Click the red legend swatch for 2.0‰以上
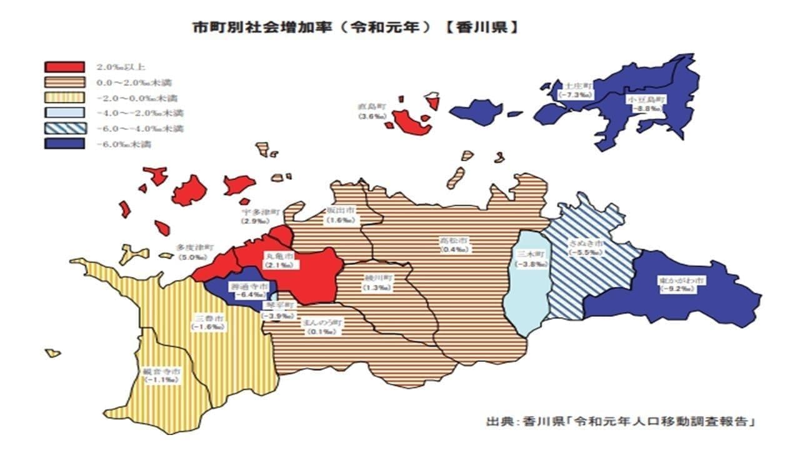64,67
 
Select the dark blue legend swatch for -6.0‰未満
64,144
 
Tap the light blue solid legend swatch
64,113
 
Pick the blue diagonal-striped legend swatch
64,129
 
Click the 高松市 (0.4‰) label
455,245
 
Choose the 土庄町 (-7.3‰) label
576,89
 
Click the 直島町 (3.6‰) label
372,112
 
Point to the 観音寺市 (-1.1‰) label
162,375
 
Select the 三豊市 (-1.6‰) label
208,322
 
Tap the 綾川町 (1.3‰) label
377,283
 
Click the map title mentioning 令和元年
354,27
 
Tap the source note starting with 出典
619,421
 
